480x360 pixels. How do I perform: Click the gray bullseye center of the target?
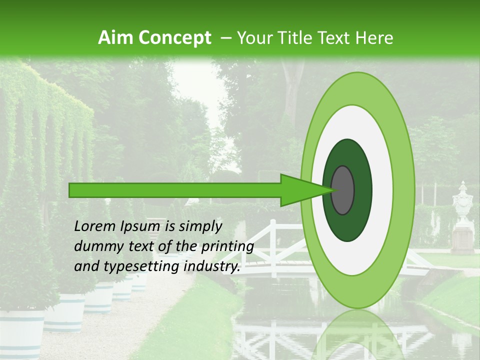click(343, 190)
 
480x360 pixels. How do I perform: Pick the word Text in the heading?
click(340, 37)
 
